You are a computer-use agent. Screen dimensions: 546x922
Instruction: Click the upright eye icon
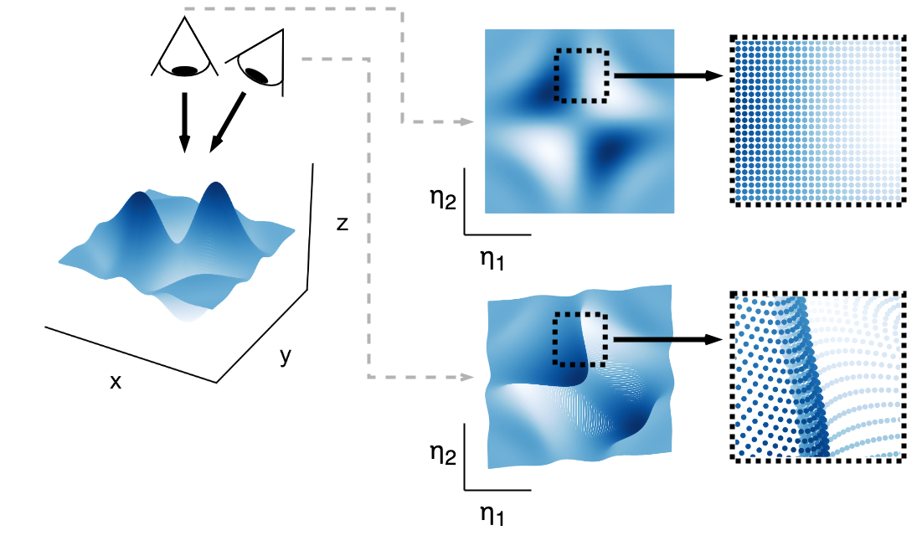[x=184, y=50]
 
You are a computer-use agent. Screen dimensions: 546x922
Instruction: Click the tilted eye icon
[x=259, y=60]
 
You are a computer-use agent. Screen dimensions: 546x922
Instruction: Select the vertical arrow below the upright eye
[x=185, y=121]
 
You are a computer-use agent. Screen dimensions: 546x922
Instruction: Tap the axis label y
[x=286, y=357]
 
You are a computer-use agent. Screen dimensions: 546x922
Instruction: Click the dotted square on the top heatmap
[x=582, y=75]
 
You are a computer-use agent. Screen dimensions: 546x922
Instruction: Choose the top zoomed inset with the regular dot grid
[x=817, y=121]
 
